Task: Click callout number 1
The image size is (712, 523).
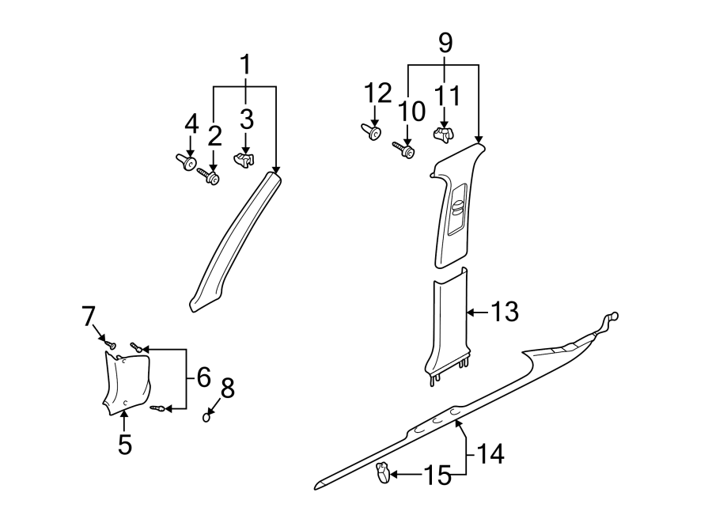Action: pyautogui.click(x=245, y=63)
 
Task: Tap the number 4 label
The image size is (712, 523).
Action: pyautogui.click(x=191, y=123)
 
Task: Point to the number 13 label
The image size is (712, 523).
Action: pyautogui.click(x=504, y=313)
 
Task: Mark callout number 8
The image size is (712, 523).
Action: pyautogui.click(x=228, y=388)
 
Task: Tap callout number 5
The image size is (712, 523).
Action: pyautogui.click(x=124, y=444)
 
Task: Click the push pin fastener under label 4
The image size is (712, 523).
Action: pyautogui.click(x=185, y=162)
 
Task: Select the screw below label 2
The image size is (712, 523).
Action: pyautogui.click(x=210, y=176)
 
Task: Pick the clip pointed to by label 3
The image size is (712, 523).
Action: pyautogui.click(x=244, y=160)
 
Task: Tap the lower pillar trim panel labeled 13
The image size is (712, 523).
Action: pyautogui.click(x=448, y=320)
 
